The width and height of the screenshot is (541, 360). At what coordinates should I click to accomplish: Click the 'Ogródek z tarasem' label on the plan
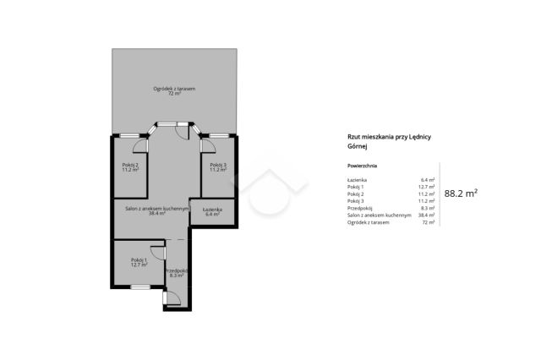pyautogui.click(x=174, y=89)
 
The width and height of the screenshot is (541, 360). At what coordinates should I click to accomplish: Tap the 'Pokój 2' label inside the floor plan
pyautogui.click(x=130, y=165)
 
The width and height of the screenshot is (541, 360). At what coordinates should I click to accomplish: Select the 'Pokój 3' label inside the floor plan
pyautogui.click(x=218, y=165)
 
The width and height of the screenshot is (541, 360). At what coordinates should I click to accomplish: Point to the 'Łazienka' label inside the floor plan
pyautogui.click(x=212, y=210)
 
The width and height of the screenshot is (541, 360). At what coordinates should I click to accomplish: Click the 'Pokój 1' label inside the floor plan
pyautogui.click(x=139, y=260)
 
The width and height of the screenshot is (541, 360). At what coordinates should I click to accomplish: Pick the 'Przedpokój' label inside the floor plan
pyautogui.click(x=177, y=271)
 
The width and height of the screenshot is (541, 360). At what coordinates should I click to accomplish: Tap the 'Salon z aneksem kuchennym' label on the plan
pyautogui.click(x=157, y=209)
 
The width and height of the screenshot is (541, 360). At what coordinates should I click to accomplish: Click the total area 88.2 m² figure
pyautogui.click(x=461, y=194)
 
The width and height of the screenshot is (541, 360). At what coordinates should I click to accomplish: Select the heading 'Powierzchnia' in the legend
pyautogui.click(x=362, y=166)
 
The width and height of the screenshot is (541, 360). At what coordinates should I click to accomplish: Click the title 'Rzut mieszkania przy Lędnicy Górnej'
pyautogui.click(x=389, y=141)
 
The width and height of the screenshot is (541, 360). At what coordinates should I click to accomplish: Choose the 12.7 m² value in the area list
pyautogui.click(x=426, y=187)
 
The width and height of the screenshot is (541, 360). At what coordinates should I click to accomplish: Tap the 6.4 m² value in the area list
pyautogui.click(x=428, y=180)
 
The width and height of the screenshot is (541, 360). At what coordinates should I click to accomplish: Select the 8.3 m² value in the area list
pyautogui.click(x=428, y=208)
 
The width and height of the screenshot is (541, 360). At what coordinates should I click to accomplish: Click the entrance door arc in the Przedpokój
pyautogui.click(x=177, y=296)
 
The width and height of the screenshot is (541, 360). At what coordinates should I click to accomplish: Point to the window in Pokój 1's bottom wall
pyautogui.click(x=140, y=286)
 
